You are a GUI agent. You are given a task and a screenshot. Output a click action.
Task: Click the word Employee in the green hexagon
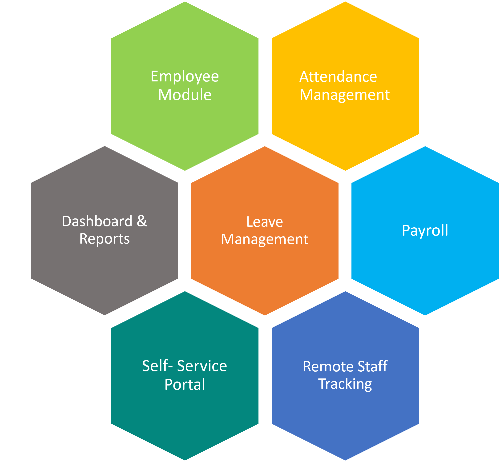185,76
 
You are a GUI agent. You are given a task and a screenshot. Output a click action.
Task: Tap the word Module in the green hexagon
185,95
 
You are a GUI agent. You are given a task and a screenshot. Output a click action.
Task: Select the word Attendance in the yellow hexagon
338,76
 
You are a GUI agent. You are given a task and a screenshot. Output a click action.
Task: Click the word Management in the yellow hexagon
344,95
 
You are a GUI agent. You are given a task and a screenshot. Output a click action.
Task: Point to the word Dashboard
97,221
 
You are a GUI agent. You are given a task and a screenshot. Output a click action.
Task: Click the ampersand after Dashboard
142,221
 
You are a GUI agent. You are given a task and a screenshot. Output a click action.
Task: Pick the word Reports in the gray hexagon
105,239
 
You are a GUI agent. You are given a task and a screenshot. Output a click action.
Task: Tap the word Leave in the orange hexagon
265,222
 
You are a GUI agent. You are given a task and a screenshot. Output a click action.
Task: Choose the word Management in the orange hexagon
265,239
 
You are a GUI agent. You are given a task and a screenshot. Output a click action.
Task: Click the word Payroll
425,230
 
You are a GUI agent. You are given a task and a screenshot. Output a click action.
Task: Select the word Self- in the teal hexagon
157,366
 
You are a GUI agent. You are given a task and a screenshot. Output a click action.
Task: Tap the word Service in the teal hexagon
202,366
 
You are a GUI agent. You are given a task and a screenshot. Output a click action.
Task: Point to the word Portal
185,385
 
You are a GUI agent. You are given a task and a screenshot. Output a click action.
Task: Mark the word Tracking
345,384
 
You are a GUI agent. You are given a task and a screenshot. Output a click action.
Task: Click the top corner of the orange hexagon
265,145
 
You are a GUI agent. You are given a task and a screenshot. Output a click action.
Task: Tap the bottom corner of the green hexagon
185,172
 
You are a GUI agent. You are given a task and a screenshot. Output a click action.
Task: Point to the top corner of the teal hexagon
185,290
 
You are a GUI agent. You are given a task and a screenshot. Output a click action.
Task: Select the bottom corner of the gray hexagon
105,316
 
